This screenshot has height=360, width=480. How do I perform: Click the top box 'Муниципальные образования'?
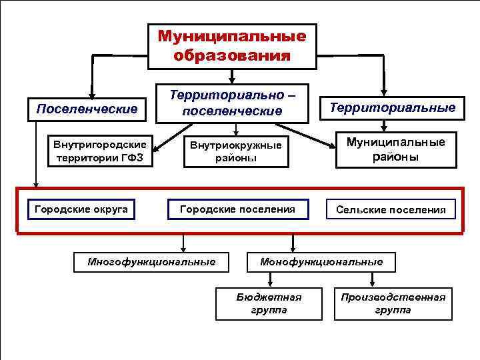coord(231,45)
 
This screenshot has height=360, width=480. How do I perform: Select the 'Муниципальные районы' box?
coord(395,149)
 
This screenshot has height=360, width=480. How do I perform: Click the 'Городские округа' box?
coord(81,209)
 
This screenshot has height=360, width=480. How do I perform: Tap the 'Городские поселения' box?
coord(237,209)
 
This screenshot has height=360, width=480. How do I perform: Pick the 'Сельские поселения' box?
coord(391,210)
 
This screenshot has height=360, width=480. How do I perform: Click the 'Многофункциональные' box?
coord(151,261)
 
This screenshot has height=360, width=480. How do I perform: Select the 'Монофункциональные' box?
coord(321,261)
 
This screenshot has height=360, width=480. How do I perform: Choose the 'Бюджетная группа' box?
coord(269,303)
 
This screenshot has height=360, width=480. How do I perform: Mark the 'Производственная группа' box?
coord(393,303)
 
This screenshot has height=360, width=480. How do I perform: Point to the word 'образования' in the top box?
coord(231,55)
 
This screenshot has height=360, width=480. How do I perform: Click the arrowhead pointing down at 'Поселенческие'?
coord(92,95)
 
